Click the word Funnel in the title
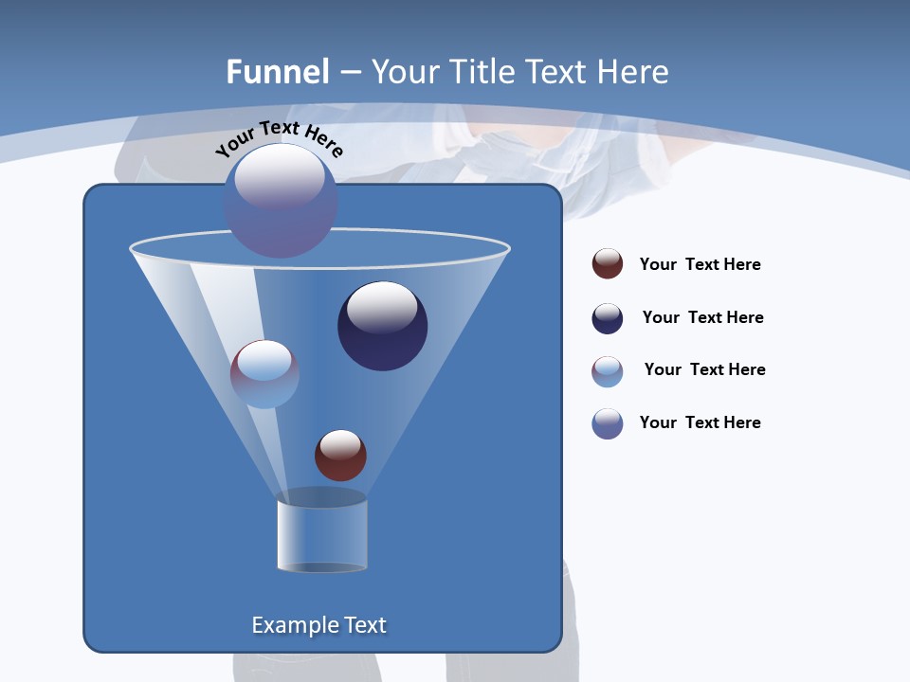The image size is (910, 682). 277,72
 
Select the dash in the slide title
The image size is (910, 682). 350,72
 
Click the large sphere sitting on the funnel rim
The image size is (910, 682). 281,201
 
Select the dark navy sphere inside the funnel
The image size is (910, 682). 383,326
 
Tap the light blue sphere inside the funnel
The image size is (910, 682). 264,374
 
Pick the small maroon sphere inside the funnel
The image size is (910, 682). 340,455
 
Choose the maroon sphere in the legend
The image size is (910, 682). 608,264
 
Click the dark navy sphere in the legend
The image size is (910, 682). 608,318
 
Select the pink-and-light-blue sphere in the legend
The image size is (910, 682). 608,371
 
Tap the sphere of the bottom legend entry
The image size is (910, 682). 608,423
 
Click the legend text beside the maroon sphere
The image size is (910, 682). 700,264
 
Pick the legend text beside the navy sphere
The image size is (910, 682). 702,317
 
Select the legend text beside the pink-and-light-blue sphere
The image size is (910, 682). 704,369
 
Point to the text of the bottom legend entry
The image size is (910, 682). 700,422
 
